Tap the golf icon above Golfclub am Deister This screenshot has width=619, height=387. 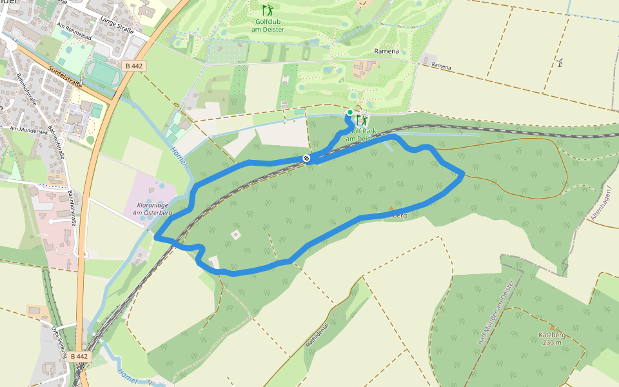[267, 10]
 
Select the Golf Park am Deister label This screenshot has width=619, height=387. [359, 134]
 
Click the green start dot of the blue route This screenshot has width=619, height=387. [349, 112]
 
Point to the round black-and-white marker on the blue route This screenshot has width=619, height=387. [306, 158]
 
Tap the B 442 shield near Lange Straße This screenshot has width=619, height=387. [134, 66]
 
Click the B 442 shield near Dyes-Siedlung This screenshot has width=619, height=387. [79, 356]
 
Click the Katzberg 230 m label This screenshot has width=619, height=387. [550, 339]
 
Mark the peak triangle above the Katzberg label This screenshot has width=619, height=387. [551, 328]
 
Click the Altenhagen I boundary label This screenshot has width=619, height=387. [600, 204]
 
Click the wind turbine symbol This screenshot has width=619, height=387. [560, 62]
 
